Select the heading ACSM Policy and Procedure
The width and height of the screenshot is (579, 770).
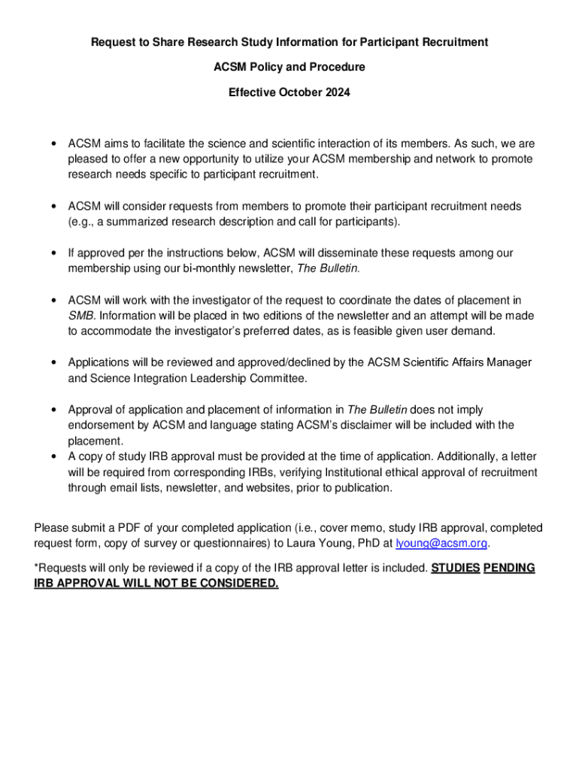[x=289, y=67]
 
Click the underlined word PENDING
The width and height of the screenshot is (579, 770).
[x=509, y=568]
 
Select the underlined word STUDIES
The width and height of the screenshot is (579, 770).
[x=456, y=568]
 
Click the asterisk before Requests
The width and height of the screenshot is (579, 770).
[x=36, y=568]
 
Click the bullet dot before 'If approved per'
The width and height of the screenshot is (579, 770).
[x=53, y=253]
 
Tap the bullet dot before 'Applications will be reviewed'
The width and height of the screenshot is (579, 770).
[x=53, y=363]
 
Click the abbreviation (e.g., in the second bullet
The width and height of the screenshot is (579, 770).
[x=82, y=222]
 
